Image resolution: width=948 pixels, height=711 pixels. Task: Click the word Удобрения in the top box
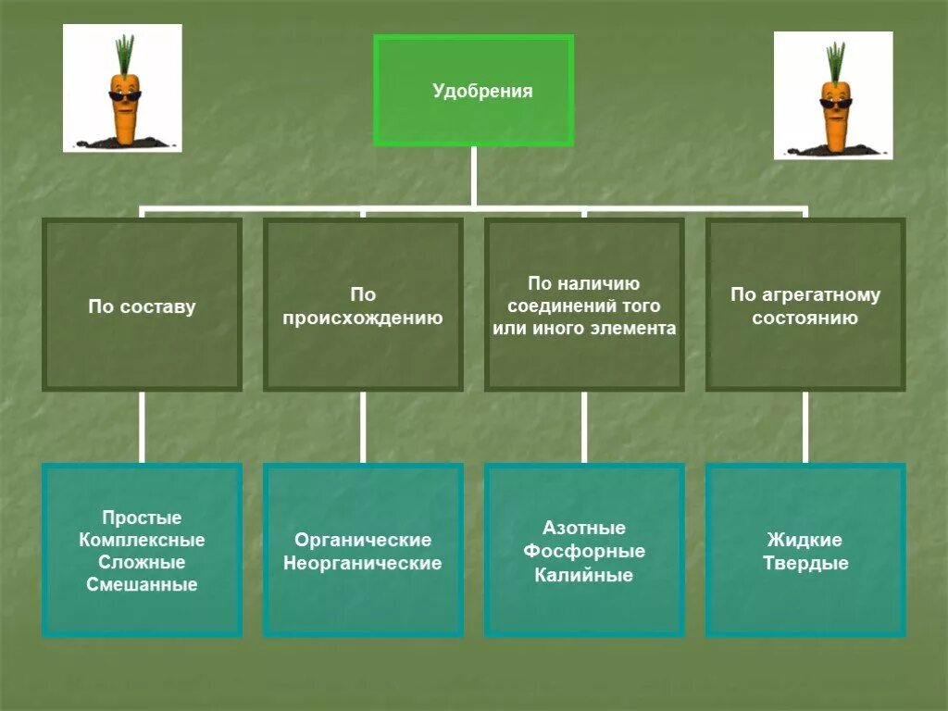[482, 91]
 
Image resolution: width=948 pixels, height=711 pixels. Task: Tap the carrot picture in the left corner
[122, 88]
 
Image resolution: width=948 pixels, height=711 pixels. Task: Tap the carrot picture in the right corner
[833, 95]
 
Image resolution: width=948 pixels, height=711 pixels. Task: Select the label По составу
[142, 306]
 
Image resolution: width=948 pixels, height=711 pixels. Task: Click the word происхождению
[363, 318]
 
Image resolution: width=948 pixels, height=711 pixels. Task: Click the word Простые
[142, 518]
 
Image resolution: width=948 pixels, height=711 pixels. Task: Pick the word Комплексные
[142, 540]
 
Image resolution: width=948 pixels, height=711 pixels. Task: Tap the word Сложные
[142, 562]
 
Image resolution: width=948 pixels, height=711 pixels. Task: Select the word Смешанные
[142, 584]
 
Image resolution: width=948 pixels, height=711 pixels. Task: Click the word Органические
[363, 540]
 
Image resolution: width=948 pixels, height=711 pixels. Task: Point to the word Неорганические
[363, 562]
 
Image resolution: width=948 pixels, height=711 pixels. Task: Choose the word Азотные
[584, 528]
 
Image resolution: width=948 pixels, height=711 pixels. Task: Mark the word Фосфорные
[584, 551]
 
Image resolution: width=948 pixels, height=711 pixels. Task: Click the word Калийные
[584, 574]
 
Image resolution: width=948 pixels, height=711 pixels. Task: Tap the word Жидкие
[805, 540]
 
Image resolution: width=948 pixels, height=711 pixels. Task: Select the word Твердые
[805, 563]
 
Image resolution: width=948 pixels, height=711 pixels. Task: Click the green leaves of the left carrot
[125, 53]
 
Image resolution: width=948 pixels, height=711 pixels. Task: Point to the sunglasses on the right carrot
[835, 104]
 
